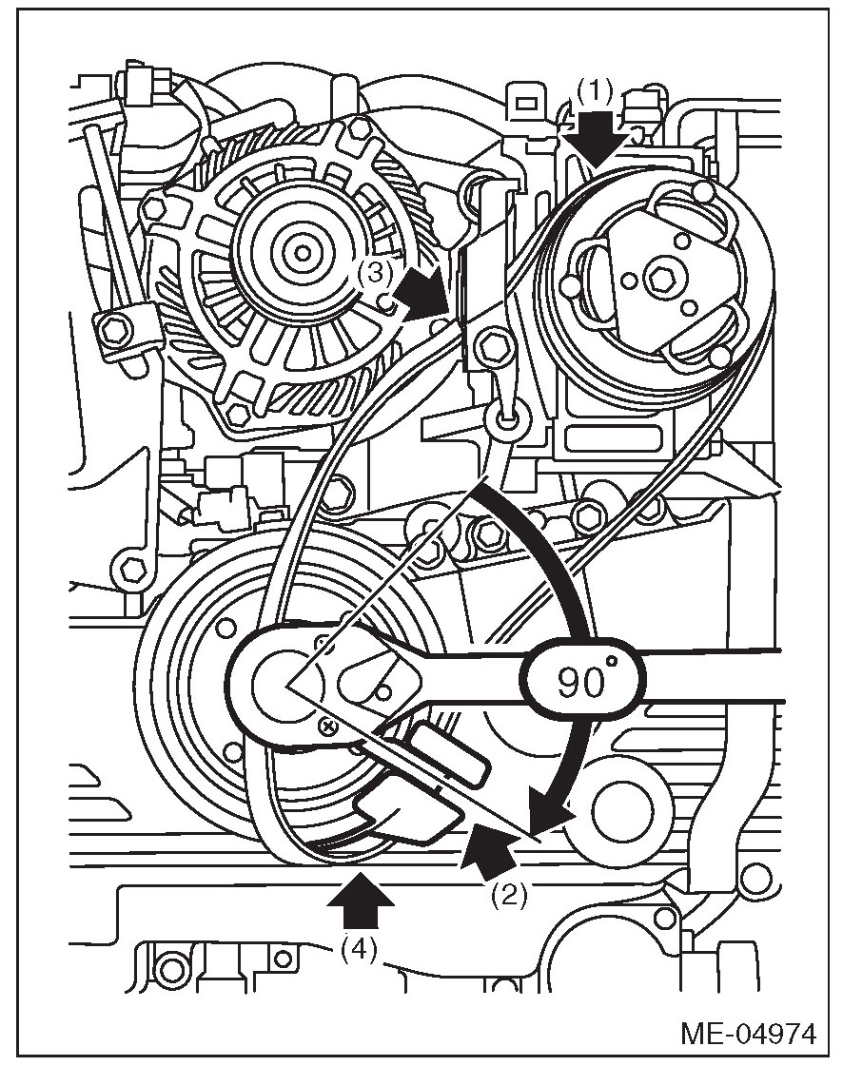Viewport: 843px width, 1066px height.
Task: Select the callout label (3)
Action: (x=375, y=274)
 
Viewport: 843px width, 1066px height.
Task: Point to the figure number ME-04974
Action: (x=748, y=1033)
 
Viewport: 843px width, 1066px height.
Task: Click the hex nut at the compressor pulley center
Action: (x=658, y=277)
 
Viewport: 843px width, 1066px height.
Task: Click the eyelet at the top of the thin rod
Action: (x=503, y=413)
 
